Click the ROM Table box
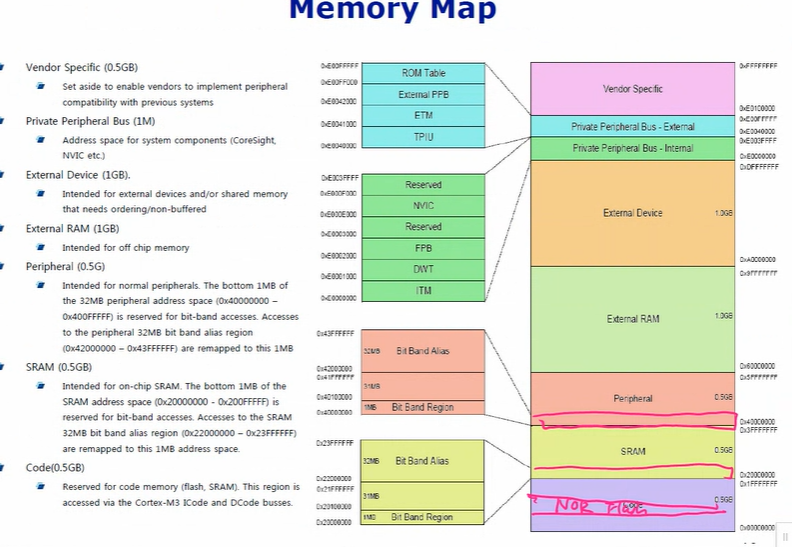[x=423, y=73]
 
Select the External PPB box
[x=423, y=94]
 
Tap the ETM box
[x=423, y=115]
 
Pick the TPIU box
[x=423, y=136]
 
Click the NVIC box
[x=423, y=206]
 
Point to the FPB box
[x=423, y=248]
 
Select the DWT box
[x=423, y=269]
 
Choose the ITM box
[x=423, y=290]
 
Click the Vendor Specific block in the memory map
[x=632, y=89]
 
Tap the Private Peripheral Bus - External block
[x=632, y=127]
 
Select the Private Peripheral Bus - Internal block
[x=632, y=148]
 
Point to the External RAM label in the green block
[x=632, y=319]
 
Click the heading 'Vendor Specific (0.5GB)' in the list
[x=81, y=67]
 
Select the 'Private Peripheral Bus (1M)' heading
[x=90, y=121]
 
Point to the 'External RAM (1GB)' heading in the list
[x=73, y=229]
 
